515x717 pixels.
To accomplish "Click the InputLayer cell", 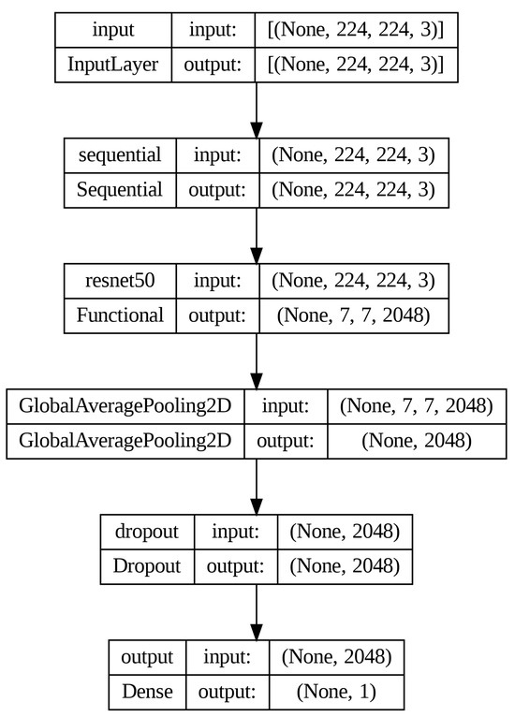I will pos(112,65).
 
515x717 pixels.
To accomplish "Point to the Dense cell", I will pos(146,693).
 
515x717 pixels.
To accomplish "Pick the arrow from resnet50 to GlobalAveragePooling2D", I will pos(256,361).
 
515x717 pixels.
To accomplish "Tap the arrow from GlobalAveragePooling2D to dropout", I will pos(256,487).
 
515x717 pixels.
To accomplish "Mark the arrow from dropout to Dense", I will pos(256,613).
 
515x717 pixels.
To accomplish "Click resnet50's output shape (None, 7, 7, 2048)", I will pos(353,315).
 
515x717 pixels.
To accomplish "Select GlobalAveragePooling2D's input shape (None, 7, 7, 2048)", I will pos(416,406).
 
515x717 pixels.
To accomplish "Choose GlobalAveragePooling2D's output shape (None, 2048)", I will pos(416,441).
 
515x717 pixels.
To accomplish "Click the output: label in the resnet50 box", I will pos(217,315).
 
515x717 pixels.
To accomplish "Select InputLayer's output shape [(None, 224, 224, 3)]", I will pos(356,65).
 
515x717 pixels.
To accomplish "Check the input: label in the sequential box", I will pos(217,154).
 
